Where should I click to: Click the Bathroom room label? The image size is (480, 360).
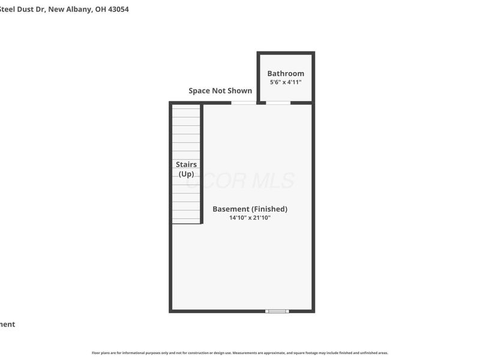[286, 74]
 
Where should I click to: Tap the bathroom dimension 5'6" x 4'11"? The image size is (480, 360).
[286, 82]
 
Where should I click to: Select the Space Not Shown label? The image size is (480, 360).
[220, 91]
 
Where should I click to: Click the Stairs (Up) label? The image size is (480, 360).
[186, 169]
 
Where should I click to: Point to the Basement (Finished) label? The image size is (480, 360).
[250, 209]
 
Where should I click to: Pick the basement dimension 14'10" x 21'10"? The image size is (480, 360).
[250, 218]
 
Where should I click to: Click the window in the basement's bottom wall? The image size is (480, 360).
[277, 311]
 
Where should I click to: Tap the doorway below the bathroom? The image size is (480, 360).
[278, 103]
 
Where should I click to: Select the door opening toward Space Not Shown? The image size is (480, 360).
[244, 103]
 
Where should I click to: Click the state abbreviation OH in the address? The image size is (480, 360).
[100, 10]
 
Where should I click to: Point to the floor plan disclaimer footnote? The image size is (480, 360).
[240, 353]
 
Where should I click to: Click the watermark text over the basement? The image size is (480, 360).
[240, 181]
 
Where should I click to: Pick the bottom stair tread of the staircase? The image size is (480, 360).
[186, 219]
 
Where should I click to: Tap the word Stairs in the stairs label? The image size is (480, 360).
[186, 164]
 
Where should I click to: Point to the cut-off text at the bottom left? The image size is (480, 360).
[7, 325]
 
